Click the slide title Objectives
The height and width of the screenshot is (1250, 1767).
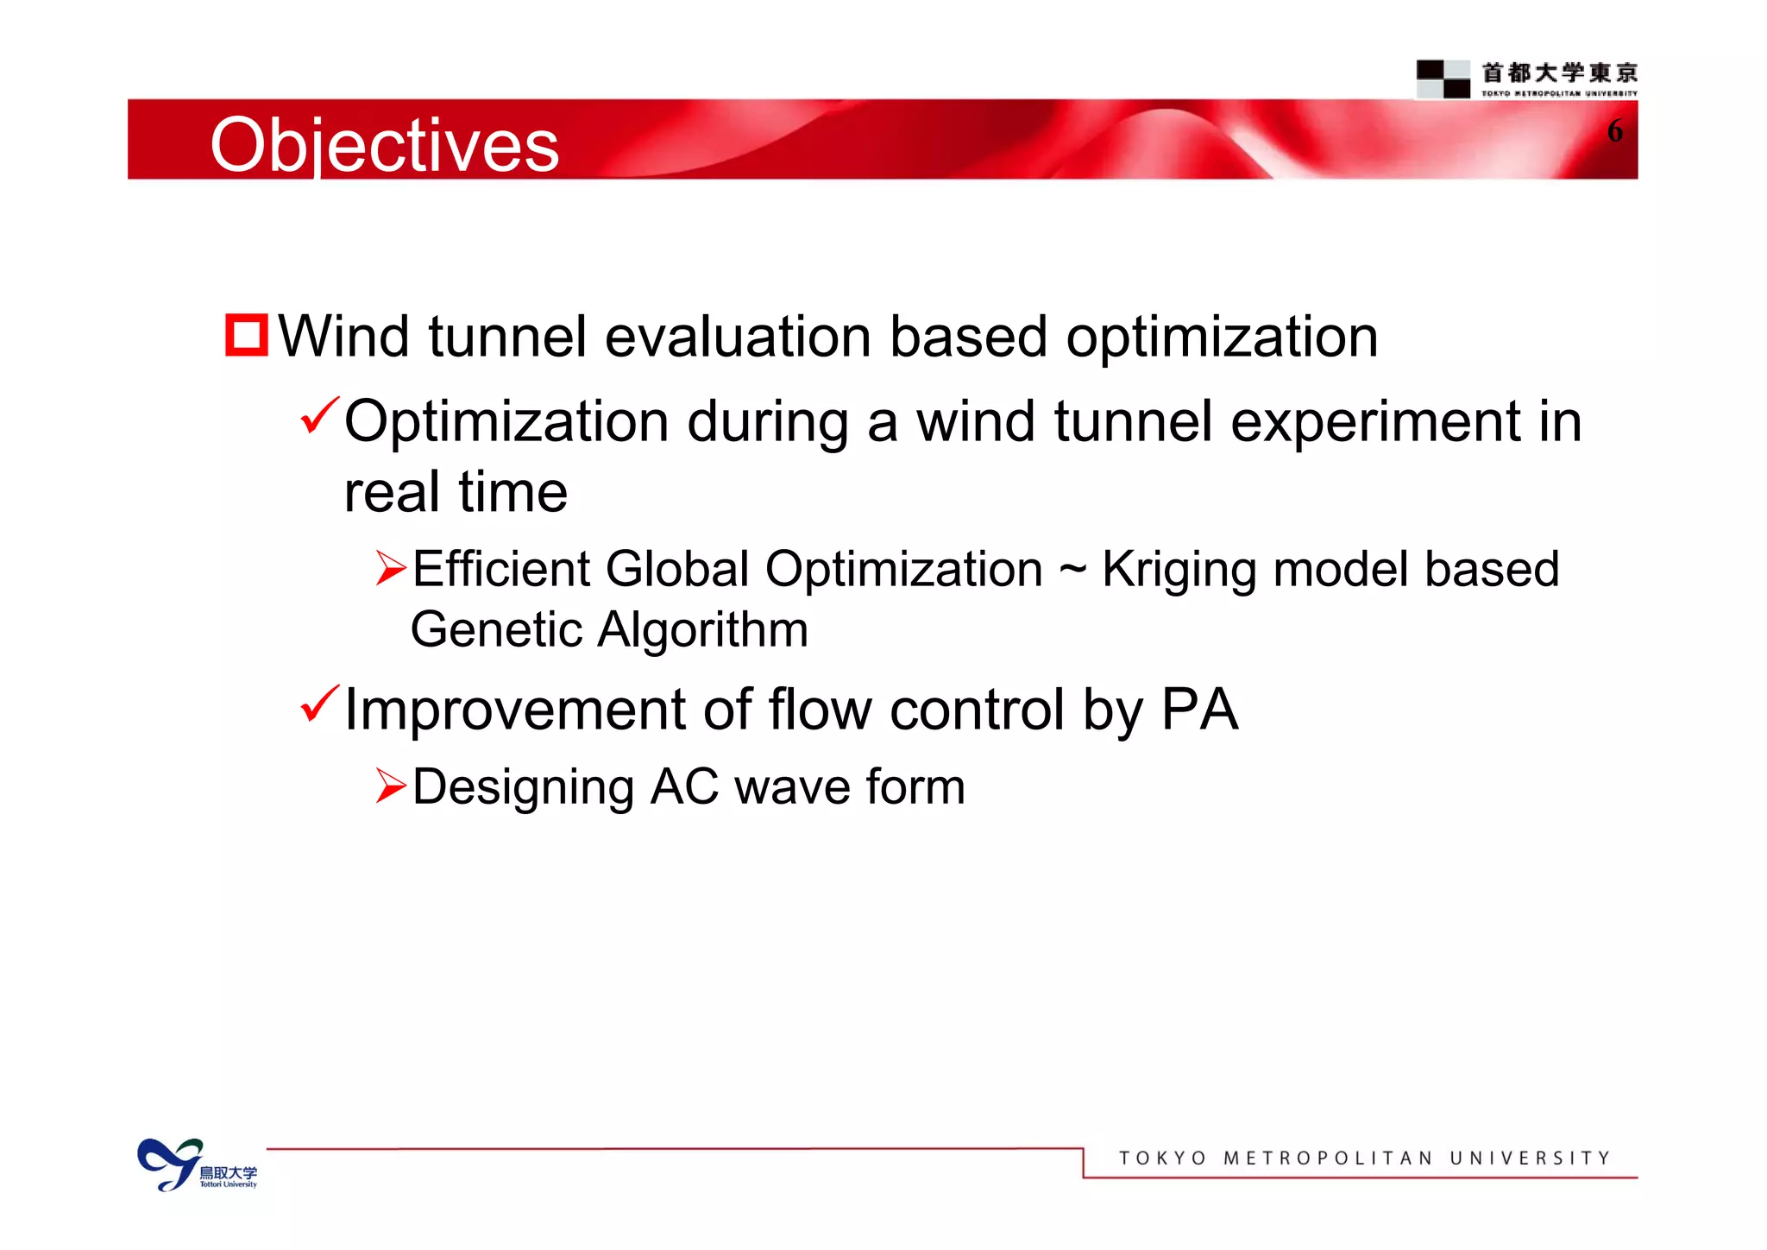click(x=384, y=145)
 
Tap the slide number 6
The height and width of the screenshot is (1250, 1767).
click(x=1614, y=131)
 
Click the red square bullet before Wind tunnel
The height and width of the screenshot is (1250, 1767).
click(x=247, y=335)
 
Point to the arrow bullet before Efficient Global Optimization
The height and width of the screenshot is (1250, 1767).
click(x=391, y=568)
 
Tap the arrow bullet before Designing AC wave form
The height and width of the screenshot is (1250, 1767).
click(x=391, y=786)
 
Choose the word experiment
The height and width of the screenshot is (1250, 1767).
click(x=1375, y=422)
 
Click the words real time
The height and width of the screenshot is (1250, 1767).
click(x=456, y=492)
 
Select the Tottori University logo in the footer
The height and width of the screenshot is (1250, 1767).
click(x=197, y=1165)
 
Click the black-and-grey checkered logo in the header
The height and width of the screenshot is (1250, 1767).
click(x=1443, y=79)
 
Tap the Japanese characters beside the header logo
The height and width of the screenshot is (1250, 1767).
click(x=1559, y=73)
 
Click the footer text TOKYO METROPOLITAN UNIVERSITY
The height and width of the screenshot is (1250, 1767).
click(x=1364, y=1158)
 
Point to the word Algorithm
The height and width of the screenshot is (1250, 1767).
click(x=703, y=629)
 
